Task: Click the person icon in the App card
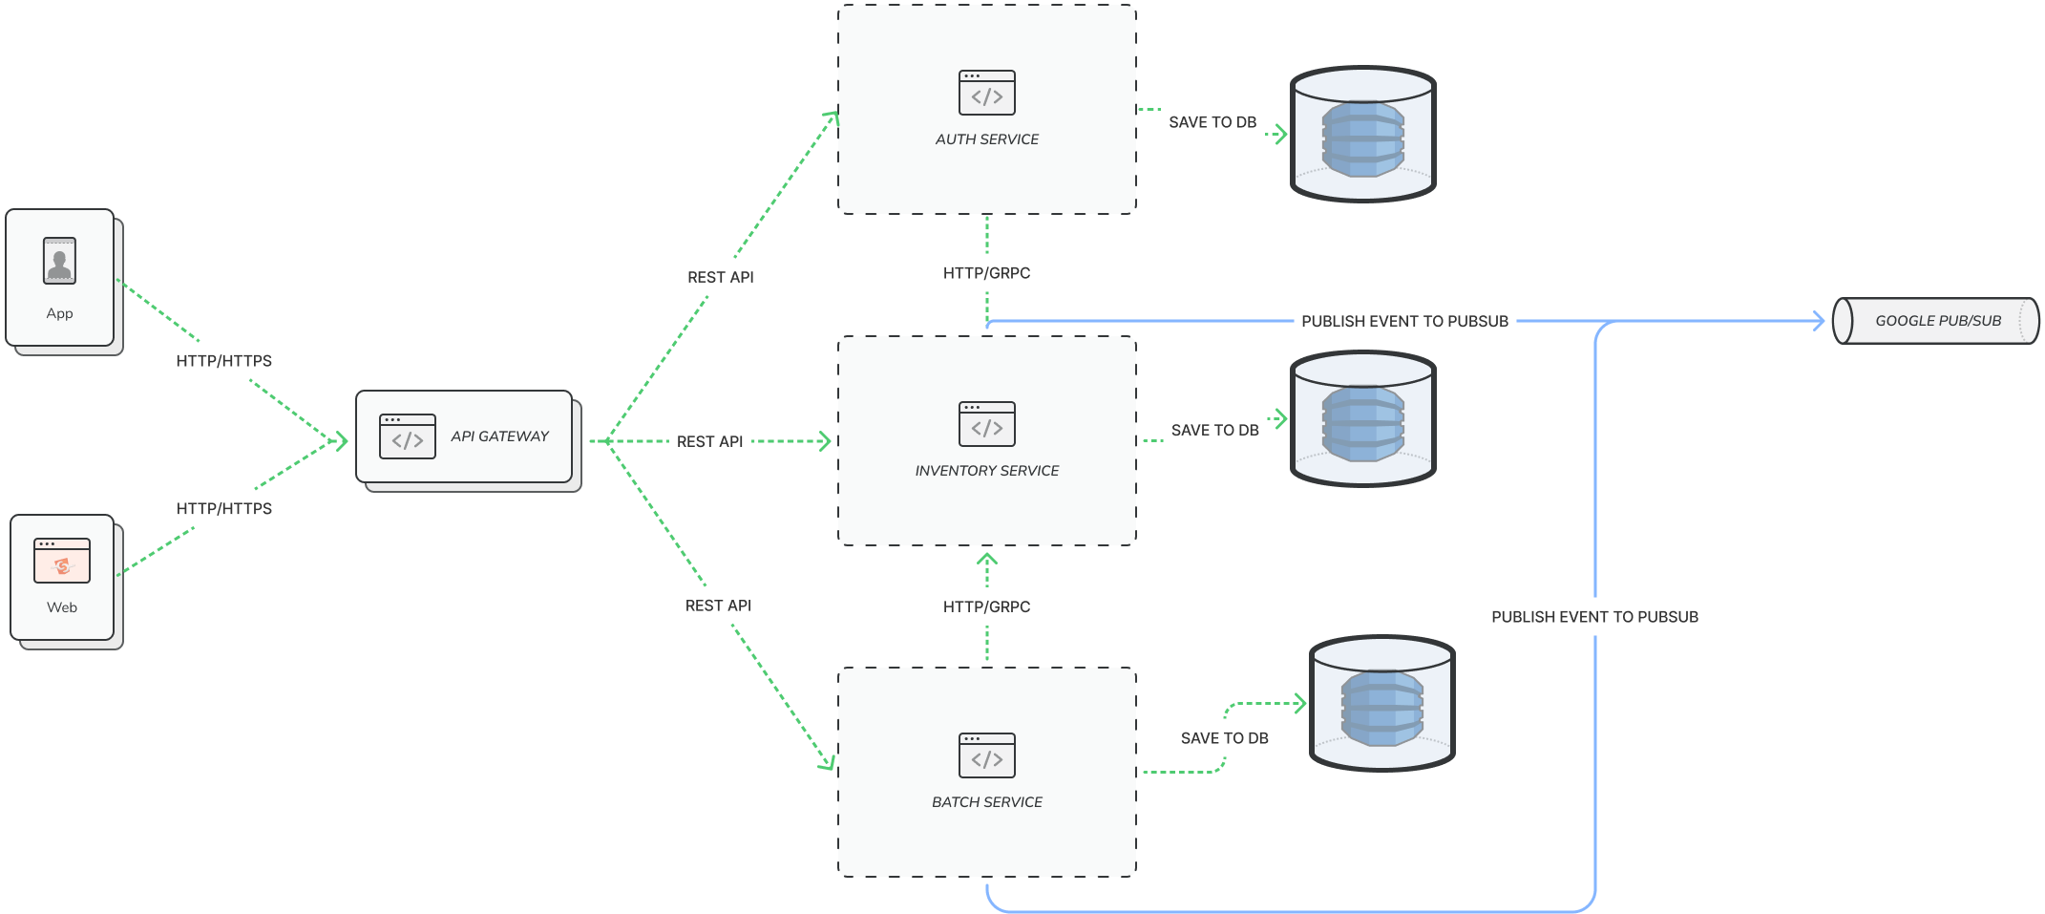tap(59, 261)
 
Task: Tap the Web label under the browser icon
tap(62, 607)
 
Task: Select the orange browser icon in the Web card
tap(62, 561)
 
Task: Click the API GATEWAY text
tap(499, 436)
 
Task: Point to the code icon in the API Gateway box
tap(408, 436)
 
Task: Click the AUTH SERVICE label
tap(986, 139)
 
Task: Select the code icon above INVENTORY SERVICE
tap(986, 424)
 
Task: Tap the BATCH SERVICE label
tap(986, 802)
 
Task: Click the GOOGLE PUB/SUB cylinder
tap(1936, 321)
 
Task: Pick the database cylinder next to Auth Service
tap(1362, 135)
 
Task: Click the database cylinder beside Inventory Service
tap(1362, 419)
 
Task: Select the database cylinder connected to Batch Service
tap(1381, 704)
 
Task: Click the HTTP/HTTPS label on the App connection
tap(224, 361)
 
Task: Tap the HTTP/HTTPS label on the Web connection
tap(224, 509)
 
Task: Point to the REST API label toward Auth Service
tap(720, 277)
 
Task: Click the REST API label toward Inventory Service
tap(709, 441)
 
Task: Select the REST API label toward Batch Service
tap(718, 606)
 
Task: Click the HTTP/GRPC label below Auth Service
tap(986, 273)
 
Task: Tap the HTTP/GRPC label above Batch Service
tap(986, 606)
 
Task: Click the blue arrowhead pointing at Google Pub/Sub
tap(1819, 321)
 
